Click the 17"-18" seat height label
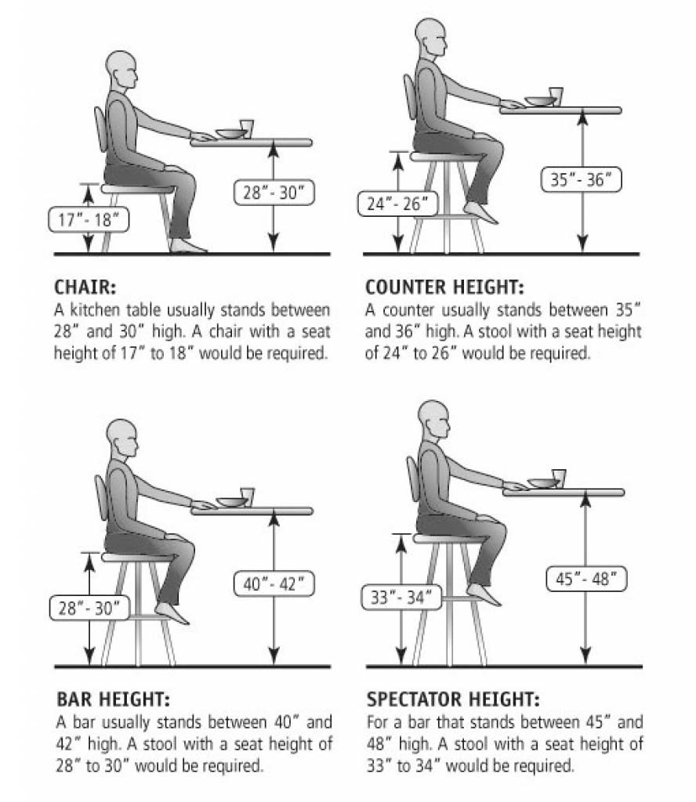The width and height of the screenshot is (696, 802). click(x=89, y=219)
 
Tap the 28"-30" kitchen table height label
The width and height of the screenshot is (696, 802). click(x=274, y=193)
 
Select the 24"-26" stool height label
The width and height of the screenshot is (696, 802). click(x=397, y=204)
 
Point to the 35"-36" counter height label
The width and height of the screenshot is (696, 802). click(x=581, y=179)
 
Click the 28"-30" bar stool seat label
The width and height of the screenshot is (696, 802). click(x=89, y=608)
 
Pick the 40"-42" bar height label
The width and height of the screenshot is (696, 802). click(x=274, y=583)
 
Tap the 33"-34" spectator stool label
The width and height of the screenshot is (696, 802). click(x=401, y=597)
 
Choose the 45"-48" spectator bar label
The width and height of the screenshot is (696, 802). click(x=586, y=579)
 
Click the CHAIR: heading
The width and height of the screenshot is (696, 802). click(x=85, y=287)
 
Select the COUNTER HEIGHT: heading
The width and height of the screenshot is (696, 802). click(x=444, y=287)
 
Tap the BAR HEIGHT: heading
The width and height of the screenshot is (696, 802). click(x=113, y=699)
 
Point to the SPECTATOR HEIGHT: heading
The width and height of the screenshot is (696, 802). click(x=453, y=699)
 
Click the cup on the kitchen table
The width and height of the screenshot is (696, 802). click(x=247, y=129)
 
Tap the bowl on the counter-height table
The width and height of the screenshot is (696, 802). click(x=539, y=101)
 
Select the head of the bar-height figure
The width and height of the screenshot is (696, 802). click(x=122, y=439)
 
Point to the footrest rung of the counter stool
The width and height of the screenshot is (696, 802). click(x=446, y=217)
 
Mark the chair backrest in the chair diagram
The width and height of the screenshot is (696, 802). click(x=100, y=129)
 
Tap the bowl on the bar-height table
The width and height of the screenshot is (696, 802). click(x=231, y=502)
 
